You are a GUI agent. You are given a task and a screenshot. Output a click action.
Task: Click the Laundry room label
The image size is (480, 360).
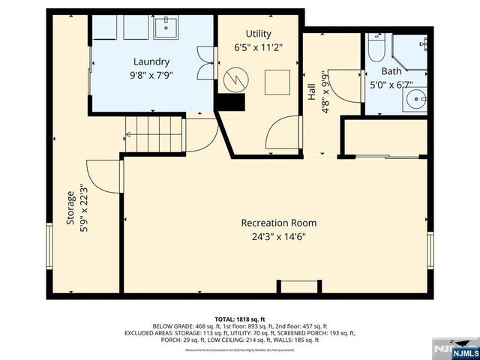point(151,61)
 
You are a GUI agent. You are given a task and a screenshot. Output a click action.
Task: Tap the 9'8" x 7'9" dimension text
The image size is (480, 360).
point(151,75)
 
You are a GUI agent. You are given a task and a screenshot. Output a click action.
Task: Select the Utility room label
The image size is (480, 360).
point(258,34)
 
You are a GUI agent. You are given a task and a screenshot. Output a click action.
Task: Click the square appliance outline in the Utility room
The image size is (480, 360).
point(275,79)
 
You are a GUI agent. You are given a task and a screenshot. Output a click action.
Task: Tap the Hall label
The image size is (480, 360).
point(310,91)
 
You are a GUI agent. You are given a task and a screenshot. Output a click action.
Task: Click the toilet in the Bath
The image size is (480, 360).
point(376,50)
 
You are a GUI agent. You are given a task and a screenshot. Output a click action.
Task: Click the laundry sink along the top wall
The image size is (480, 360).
point(166,28)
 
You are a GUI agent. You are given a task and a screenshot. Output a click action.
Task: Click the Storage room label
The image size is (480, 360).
point(70,208)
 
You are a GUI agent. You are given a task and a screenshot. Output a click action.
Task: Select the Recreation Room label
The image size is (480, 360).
point(278,223)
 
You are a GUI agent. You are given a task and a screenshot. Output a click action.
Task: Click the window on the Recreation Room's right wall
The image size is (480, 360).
point(430,249)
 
